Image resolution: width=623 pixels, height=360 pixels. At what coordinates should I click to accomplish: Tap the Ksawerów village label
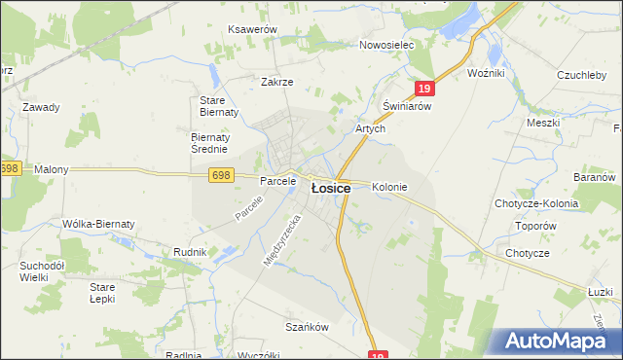(x=252, y=30)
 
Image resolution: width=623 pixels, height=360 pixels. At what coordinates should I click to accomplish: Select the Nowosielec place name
(x=386, y=45)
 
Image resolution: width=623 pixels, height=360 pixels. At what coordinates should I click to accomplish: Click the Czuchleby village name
(x=583, y=74)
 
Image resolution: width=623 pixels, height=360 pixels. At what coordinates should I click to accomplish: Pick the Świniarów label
(x=407, y=106)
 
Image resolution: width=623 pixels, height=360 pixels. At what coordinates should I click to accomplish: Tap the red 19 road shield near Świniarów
(x=423, y=89)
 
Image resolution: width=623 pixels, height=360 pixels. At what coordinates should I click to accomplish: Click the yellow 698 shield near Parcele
(x=221, y=174)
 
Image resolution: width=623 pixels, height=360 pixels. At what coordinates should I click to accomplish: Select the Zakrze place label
(x=276, y=82)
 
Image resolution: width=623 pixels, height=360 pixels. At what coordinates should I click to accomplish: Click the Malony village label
(x=52, y=169)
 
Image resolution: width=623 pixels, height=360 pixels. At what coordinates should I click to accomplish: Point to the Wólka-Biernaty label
(x=98, y=224)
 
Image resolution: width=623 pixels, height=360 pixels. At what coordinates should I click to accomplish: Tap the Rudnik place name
(x=189, y=252)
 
